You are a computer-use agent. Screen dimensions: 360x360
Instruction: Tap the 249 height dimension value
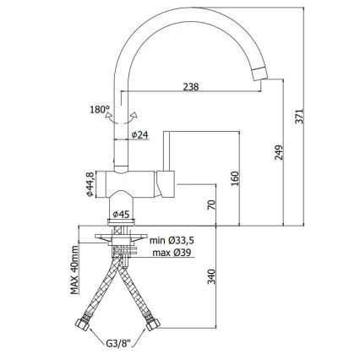(279, 150)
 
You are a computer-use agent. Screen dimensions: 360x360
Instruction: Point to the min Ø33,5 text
(173, 241)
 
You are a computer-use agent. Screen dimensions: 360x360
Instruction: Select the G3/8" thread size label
(119, 343)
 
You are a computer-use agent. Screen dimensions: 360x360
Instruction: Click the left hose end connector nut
(86, 324)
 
